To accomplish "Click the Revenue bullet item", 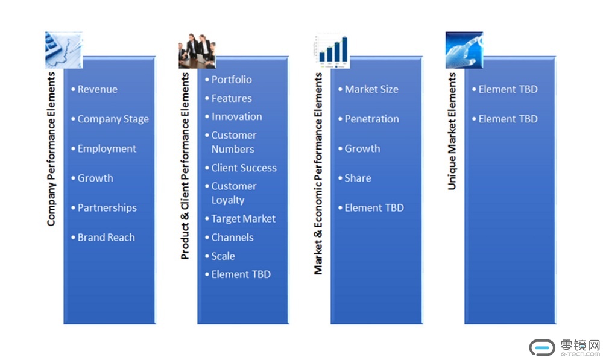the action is pyautogui.click(x=94, y=89).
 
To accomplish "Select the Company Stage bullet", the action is pyautogui.click(x=110, y=119).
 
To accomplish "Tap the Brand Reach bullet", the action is pyautogui.click(x=103, y=238).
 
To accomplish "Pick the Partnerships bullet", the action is pyautogui.click(x=104, y=207).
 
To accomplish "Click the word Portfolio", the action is pyautogui.click(x=232, y=80).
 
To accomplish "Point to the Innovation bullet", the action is pyautogui.click(x=233, y=116).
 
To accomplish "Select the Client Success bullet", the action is pyautogui.click(x=241, y=168).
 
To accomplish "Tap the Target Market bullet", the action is pyautogui.click(x=241, y=219).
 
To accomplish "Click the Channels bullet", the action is pyautogui.click(x=229, y=238).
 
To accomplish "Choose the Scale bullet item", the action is pyautogui.click(x=220, y=256).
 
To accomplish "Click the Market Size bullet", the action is pyautogui.click(x=368, y=89).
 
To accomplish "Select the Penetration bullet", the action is pyautogui.click(x=368, y=119).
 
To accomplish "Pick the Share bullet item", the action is pyautogui.click(x=355, y=178).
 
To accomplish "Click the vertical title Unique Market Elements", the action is pyautogui.click(x=452, y=131).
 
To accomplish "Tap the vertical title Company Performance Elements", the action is pyautogui.click(x=51, y=149).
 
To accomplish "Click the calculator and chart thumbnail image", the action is pyautogui.click(x=64, y=50).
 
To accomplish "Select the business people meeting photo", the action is pyautogui.click(x=197, y=51).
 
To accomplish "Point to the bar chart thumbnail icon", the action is pyautogui.click(x=332, y=51).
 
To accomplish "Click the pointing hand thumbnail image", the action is pyautogui.click(x=464, y=50).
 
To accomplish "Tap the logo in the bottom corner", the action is pyautogui.click(x=564, y=348).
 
